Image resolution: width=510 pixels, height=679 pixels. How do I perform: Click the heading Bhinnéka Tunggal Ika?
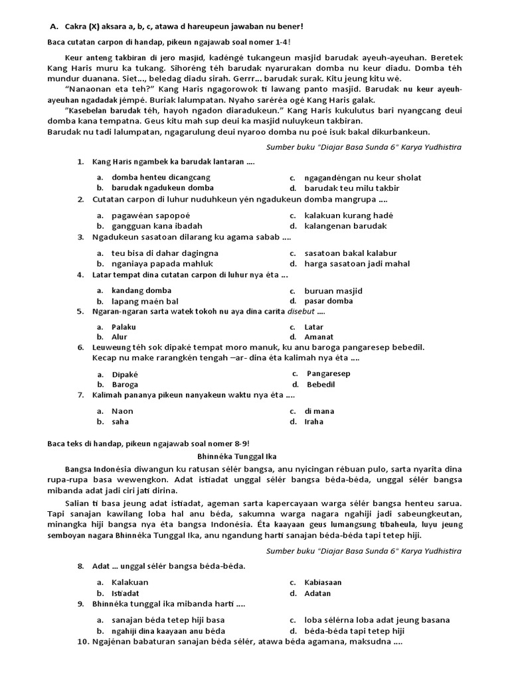(238, 456)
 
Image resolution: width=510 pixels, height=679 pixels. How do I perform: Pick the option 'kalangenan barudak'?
(345, 226)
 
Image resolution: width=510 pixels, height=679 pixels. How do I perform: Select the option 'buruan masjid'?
(333, 291)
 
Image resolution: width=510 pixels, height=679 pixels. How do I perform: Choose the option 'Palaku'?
(124, 328)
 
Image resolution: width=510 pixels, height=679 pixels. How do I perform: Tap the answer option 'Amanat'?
(319, 338)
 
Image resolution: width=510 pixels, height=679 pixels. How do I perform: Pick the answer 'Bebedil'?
(321, 385)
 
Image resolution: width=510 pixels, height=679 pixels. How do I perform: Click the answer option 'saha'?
(122, 421)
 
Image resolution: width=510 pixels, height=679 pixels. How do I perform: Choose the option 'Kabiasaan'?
(323, 582)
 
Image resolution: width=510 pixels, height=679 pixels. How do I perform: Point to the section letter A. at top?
(55, 27)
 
